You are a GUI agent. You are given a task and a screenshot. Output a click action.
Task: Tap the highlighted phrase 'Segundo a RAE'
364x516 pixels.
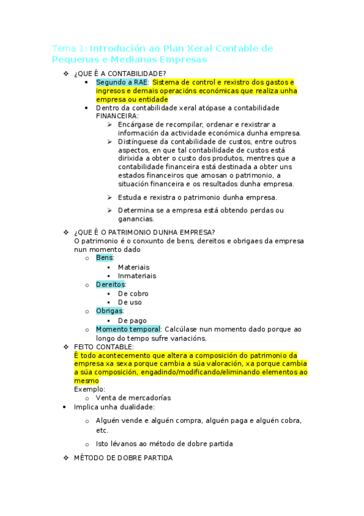point(122,82)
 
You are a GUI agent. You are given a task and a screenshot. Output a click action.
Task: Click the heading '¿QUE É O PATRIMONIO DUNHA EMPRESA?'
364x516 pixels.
point(144,232)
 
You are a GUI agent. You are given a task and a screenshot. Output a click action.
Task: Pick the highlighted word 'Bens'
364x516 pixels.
point(105,258)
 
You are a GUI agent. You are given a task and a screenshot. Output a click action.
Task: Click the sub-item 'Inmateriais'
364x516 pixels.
point(137,276)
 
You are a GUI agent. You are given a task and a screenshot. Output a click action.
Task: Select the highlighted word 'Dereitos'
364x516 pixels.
point(111,284)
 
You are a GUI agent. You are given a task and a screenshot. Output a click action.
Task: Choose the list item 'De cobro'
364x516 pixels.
point(132,293)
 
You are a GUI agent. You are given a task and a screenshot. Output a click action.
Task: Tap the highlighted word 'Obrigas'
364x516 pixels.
point(109,311)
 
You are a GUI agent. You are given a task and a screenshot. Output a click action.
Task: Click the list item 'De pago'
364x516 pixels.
point(132,320)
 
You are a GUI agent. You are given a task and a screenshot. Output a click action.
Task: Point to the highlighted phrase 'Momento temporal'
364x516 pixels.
point(128,329)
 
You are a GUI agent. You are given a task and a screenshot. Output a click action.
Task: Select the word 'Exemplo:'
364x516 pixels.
point(89,389)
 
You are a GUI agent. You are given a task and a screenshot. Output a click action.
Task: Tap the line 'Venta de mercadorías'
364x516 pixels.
point(133,398)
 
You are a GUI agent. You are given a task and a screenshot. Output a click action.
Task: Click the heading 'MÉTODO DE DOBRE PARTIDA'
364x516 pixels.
point(123,458)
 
